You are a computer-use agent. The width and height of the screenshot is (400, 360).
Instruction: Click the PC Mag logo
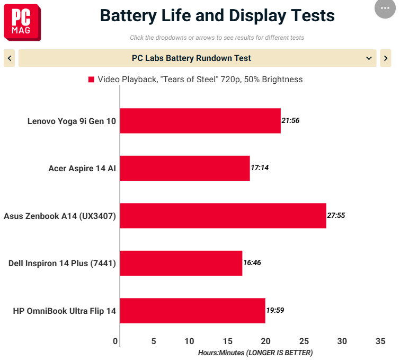pos(22,22)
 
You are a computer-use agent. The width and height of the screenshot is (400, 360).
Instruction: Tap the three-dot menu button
pos(385,8)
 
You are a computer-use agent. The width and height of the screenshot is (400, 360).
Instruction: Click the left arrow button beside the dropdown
pos(10,58)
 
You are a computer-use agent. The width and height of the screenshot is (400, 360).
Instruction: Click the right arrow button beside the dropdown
pos(386,58)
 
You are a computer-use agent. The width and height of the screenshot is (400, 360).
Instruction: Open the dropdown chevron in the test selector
pos(369,58)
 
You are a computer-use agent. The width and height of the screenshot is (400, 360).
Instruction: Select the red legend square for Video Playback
pos(91,80)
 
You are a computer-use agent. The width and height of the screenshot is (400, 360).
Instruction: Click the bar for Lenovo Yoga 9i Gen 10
pos(200,121)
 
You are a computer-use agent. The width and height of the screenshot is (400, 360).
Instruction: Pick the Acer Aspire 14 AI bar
pos(185,168)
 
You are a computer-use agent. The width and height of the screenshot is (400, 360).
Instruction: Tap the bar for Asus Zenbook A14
pos(223,216)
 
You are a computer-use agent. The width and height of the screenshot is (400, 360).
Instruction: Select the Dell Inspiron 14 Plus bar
pos(181,263)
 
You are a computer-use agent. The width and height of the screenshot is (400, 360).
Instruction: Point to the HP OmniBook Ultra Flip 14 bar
pos(193,311)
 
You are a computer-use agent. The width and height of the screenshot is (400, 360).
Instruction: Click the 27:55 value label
pos(336,215)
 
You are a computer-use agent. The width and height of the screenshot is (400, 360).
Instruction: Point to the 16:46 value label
pos(252,262)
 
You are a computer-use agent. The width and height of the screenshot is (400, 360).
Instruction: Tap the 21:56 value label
pos(290,120)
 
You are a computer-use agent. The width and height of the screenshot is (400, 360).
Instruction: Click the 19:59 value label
pos(275,310)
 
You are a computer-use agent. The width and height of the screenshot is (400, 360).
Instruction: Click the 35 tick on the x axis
pos(380,341)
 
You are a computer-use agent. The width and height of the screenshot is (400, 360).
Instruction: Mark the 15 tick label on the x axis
pos(228,341)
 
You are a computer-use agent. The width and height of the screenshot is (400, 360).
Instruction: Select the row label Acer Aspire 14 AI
pos(82,169)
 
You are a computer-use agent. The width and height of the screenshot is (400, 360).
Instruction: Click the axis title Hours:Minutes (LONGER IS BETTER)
pos(255,353)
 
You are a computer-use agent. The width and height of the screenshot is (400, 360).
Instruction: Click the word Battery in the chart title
pos(128,16)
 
